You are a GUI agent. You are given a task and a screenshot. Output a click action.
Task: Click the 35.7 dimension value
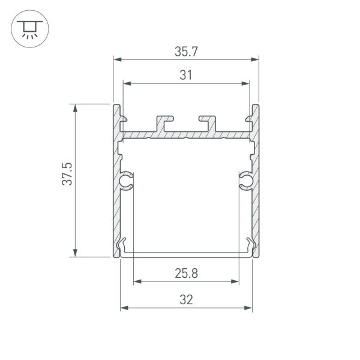pyautogui.click(x=186, y=52)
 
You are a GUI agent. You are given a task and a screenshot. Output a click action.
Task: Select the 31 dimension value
pyautogui.click(x=186, y=75)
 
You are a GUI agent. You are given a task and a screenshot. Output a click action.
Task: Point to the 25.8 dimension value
pyautogui.click(x=186, y=274)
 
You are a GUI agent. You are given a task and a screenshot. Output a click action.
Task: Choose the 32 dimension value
pyautogui.click(x=186, y=299)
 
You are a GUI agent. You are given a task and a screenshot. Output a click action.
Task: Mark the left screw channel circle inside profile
pyautogui.click(x=126, y=180)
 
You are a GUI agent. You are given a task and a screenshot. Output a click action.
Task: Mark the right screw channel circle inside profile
pyautogui.click(x=246, y=180)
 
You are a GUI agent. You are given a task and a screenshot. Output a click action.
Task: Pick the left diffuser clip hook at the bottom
pyautogui.click(x=124, y=246)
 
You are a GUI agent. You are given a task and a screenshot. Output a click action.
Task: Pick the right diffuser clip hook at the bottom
pyautogui.click(x=248, y=246)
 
